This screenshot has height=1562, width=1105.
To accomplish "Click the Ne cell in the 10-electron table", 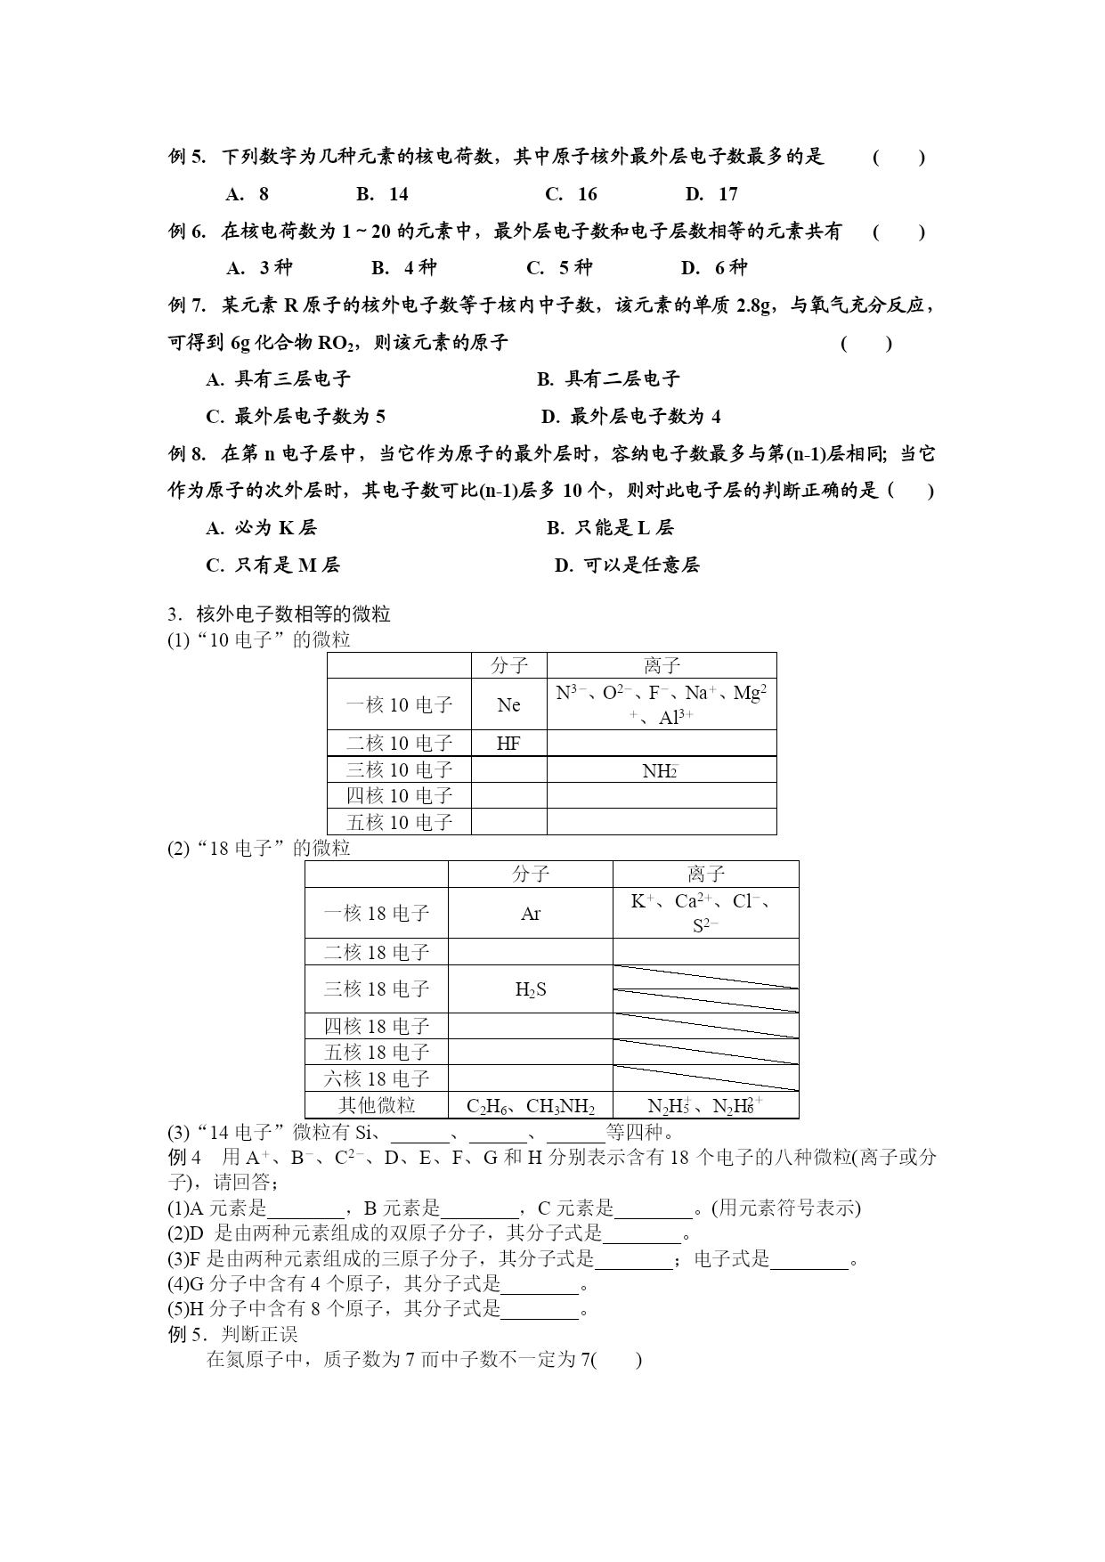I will point(508,704).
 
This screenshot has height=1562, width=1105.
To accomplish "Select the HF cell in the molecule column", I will point(508,744).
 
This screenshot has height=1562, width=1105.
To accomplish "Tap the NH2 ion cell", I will point(661,770).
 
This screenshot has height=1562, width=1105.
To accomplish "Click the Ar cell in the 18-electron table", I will point(531,914).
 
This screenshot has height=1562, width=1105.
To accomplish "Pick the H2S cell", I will point(531,989).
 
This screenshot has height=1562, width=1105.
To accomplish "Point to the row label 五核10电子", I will point(400,822).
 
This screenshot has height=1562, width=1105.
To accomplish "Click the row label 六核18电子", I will point(377,1078).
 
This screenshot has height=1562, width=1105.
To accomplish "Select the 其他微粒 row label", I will point(377,1105).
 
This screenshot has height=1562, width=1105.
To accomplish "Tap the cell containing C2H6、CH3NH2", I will point(531,1106).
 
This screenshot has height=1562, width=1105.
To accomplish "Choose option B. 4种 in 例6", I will point(403,267).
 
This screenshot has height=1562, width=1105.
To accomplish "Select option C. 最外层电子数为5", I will point(296,417).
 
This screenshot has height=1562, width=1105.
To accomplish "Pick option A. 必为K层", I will point(261,527).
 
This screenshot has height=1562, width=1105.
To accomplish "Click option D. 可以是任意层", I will point(627,565).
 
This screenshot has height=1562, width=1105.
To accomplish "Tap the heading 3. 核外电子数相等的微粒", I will point(280,614).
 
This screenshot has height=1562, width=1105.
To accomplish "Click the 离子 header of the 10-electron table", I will point(662,665).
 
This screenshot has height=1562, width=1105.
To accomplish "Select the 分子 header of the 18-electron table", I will point(531,874).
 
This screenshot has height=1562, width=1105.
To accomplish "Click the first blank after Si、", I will point(420,1133).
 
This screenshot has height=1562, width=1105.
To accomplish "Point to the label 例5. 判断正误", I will point(232,1334).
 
